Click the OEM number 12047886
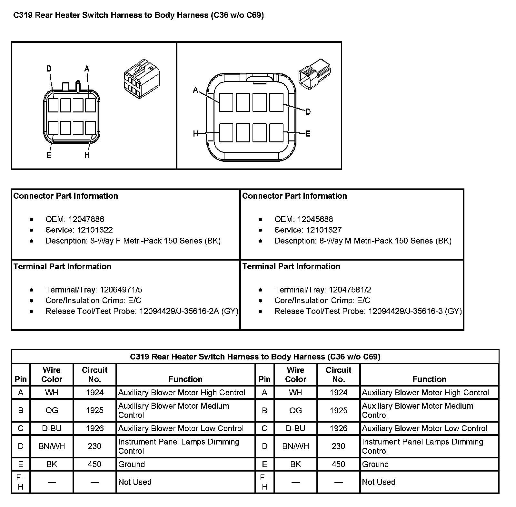[x=86, y=219]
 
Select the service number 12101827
[x=323, y=230]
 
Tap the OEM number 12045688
[x=315, y=219]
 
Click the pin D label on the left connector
[x=49, y=69]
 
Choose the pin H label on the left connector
[x=87, y=155]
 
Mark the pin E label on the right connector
[x=308, y=134]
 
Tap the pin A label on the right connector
[x=195, y=91]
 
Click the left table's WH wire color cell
[x=52, y=392]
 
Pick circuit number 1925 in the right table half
[x=338, y=410]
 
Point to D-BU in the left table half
[x=52, y=428]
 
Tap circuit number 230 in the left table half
[x=94, y=446]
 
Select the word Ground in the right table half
[x=375, y=464]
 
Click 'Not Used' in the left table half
[x=135, y=482]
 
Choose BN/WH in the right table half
[x=295, y=446]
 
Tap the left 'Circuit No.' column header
[x=94, y=374]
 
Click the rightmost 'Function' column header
[x=429, y=379]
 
